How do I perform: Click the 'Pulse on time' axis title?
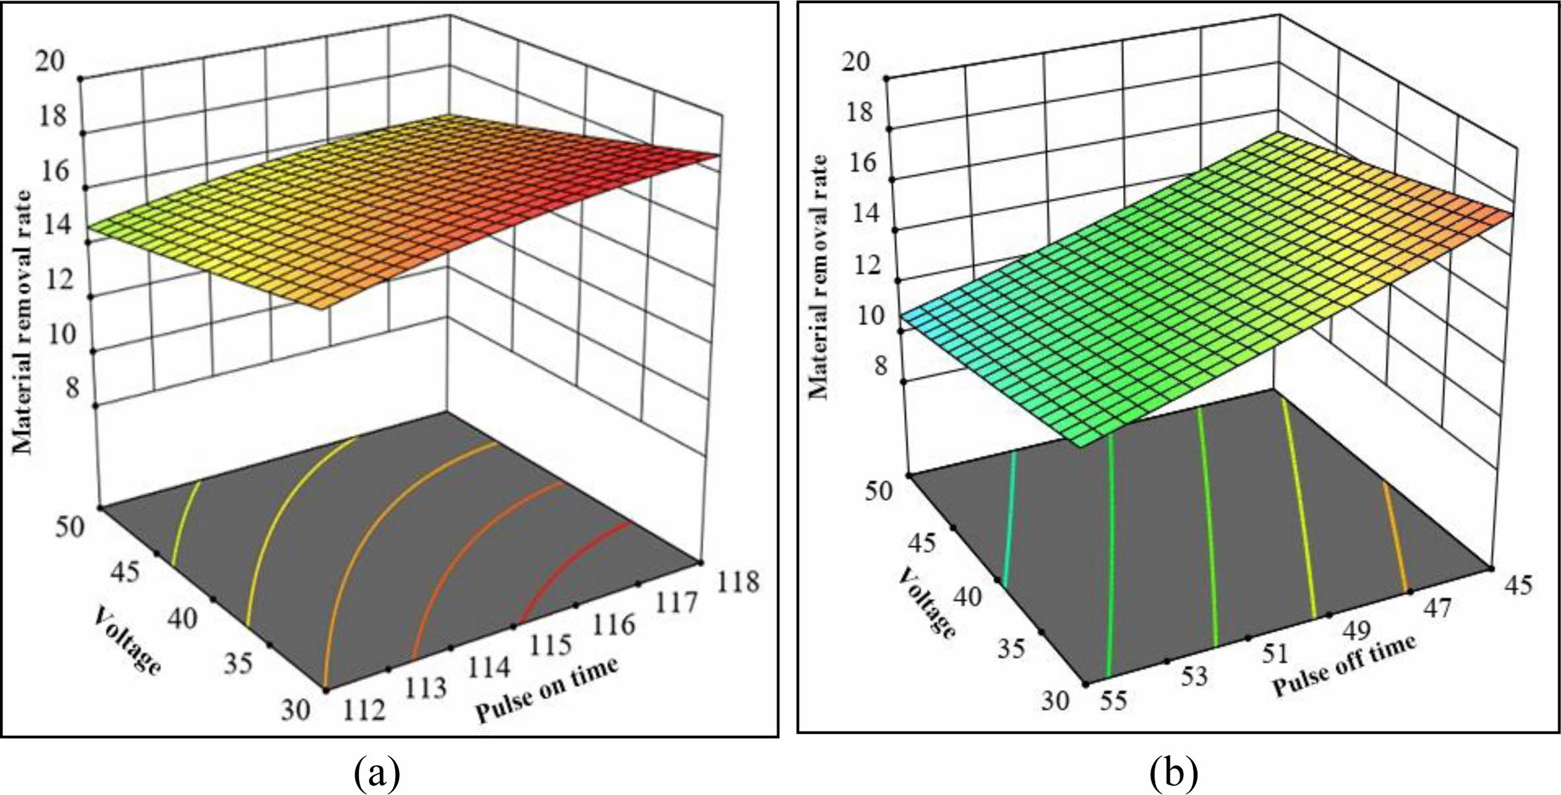547,691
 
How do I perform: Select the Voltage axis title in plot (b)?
927,603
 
